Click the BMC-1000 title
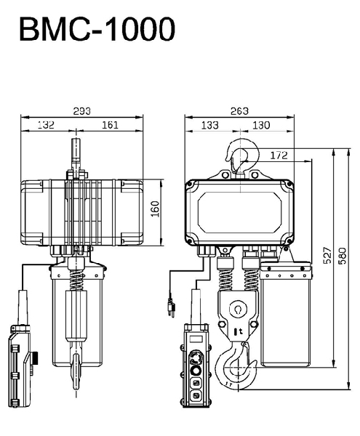[97, 29]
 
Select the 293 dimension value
[81, 111]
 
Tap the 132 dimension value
[46, 125]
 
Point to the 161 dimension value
[110, 125]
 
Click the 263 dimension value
[239, 111]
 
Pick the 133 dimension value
[209, 125]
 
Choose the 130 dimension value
[261, 125]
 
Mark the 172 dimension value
[279, 156]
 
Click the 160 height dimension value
[156, 209]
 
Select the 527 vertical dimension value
[328, 255]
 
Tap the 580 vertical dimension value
[343, 256]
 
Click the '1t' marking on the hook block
[239, 331]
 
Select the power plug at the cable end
[172, 308]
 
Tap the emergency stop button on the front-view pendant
[196, 358]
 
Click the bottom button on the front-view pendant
[196, 395]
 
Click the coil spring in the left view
[76, 280]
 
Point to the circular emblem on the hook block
[238, 309]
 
